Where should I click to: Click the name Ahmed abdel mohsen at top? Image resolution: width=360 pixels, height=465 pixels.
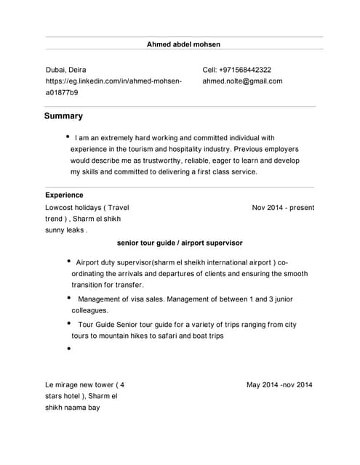tap(184, 44)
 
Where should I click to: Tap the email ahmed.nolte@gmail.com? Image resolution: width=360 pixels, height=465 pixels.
tap(242, 81)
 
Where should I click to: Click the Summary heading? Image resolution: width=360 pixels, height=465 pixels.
tap(63, 116)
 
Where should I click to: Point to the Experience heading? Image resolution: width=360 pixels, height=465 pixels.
tap(64, 195)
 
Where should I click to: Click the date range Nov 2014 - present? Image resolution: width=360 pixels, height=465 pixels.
tap(283, 208)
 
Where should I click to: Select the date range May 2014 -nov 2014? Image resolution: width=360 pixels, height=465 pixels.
tap(279, 385)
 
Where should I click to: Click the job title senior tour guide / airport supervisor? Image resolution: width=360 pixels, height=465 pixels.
tap(180, 243)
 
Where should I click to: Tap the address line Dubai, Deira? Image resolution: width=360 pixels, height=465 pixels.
tap(66, 70)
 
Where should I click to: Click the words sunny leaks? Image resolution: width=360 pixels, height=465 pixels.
tap(65, 230)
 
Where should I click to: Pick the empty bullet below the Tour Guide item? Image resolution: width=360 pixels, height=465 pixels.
tap(68, 349)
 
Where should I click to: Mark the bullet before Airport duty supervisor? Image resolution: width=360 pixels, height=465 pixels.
tap(68, 262)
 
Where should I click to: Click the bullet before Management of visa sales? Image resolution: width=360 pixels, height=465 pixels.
tap(68, 298)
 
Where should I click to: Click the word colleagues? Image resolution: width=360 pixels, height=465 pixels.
tap(89, 310)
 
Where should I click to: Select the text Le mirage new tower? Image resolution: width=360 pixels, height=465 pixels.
tap(80, 385)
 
